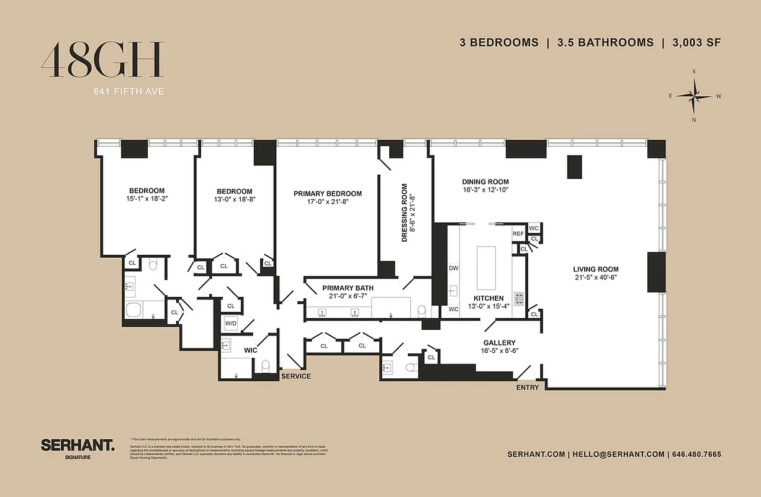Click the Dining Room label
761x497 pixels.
coord(485,182)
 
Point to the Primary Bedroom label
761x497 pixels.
coord(328,194)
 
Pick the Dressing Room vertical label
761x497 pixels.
coord(405,212)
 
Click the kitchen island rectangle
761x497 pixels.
coord(486,265)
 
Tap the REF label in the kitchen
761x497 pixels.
coord(518,234)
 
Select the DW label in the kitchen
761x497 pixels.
coord(453,268)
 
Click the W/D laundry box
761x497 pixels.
coord(231,324)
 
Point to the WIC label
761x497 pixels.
coord(250,351)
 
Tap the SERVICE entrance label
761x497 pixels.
coord(296,376)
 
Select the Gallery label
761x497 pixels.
coord(499,343)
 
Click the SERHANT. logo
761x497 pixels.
coord(78,445)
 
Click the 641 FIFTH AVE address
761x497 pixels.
coord(128,92)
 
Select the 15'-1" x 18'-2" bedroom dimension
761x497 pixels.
coord(146,199)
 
